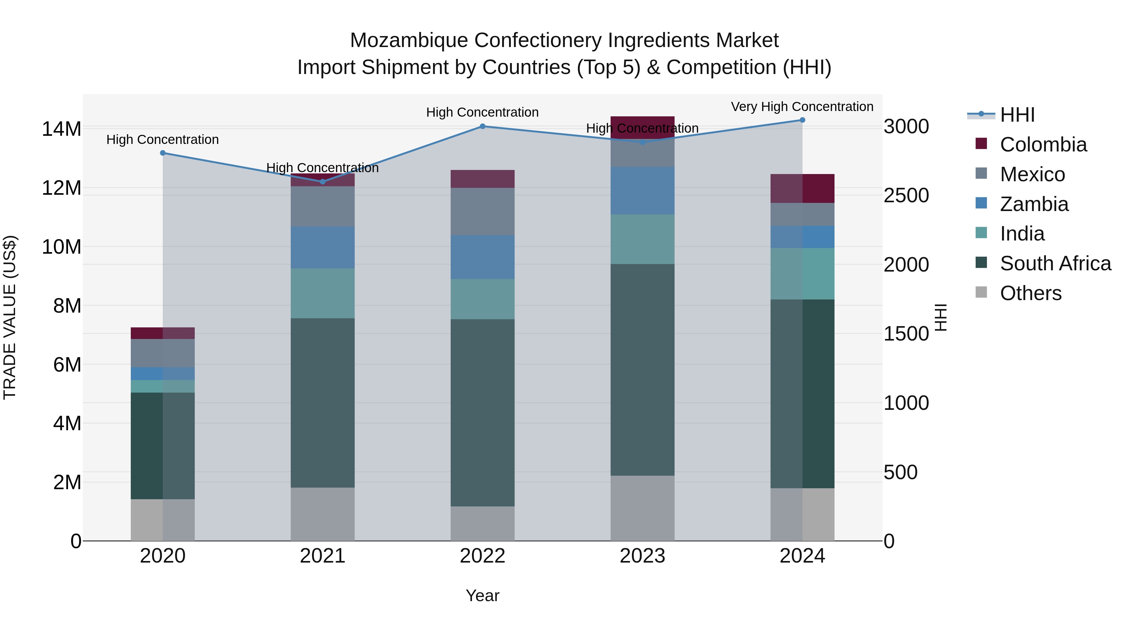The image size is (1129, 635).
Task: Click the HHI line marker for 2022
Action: click(x=483, y=126)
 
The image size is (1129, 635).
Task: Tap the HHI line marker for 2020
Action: click(x=162, y=153)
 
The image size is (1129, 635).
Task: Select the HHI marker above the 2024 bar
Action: click(x=803, y=120)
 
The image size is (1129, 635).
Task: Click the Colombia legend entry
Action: click(x=1043, y=145)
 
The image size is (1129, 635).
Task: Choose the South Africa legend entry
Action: click(x=1055, y=263)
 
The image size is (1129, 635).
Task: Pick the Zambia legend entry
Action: click(x=1034, y=204)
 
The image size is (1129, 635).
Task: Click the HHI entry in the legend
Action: click(x=1017, y=115)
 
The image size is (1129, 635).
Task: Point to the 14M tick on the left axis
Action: click(x=61, y=129)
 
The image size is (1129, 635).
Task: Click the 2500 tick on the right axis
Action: click(x=906, y=195)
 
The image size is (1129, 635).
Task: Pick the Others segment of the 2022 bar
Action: click(x=483, y=523)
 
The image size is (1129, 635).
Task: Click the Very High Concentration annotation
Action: click(x=802, y=107)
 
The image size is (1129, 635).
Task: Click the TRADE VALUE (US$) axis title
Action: click(x=10, y=317)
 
